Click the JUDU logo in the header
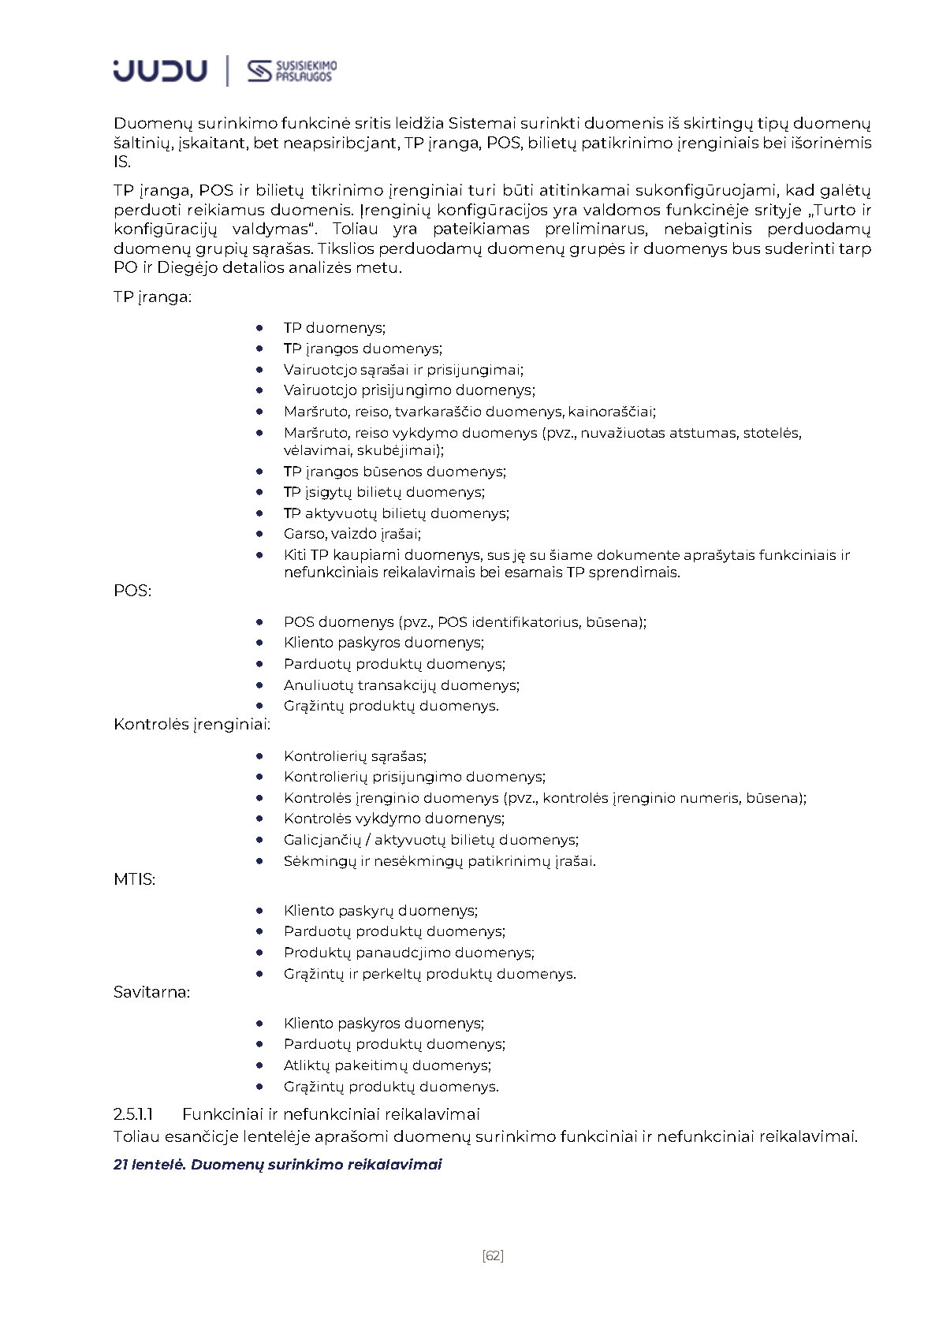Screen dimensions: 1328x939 click(x=160, y=70)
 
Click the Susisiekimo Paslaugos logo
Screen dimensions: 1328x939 click(x=292, y=71)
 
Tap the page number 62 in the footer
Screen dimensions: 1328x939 click(x=492, y=1255)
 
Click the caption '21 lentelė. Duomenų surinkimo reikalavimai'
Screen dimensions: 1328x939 click(x=278, y=1164)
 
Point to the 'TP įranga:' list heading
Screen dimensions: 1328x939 click(x=153, y=297)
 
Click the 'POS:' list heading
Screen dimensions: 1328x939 click(x=132, y=590)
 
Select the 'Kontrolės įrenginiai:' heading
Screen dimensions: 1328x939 click(x=192, y=724)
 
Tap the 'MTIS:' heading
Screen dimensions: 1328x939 click(x=134, y=878)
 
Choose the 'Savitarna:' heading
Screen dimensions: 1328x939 click(x=152, y=992)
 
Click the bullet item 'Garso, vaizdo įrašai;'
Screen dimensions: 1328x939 click(x=352, y=534)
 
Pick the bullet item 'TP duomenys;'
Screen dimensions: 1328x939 click(x=334, y=327)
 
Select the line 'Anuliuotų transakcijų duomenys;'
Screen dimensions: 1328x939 click(x=401, y=685)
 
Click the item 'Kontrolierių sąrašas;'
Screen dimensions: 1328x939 click(x=355, y=755)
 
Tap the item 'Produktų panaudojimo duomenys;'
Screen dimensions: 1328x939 click(x=408, y=952)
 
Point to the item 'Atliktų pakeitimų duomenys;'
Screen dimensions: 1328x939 click(x=387, y=1065)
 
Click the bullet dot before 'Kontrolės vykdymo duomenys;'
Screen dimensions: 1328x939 click(x=259, y=818)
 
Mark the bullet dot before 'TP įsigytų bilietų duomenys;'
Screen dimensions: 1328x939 click(x=259, y=491)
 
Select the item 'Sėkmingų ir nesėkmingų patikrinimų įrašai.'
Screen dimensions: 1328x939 click(x=439, y=860)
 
